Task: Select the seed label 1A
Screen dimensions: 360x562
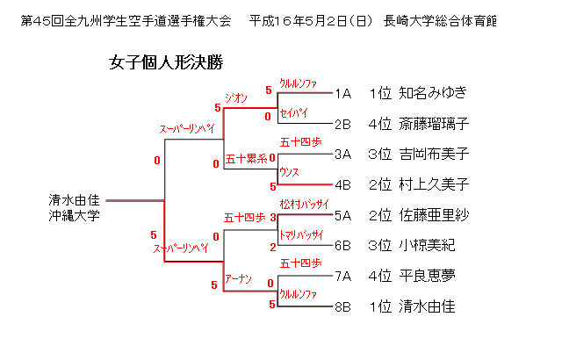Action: click(x=343, y=93)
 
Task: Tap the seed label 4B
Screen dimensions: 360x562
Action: click(x=343, y=185)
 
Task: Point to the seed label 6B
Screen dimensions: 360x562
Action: click(x=343, y=246)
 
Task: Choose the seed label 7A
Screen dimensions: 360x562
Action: click(x=343, y=276)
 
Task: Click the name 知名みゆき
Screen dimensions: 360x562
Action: click(x=433, y=93)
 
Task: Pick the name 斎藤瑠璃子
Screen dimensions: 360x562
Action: click(x=434, y=124)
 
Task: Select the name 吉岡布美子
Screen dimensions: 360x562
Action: click(x=434, y=155)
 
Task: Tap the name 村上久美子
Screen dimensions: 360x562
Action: click(x=434, y=185)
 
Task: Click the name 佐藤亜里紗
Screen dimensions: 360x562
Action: click(x=434, y=215)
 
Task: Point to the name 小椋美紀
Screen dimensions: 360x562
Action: click(x=427, y=246)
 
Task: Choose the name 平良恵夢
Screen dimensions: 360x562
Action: click(x=427, y=276)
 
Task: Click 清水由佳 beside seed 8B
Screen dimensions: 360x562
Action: click(x=427, y=306)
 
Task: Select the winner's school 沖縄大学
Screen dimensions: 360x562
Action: click(x=76, y=215)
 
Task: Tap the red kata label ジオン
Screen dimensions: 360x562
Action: click(x=236, y=97)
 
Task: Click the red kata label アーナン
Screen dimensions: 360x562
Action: click(x=238, y=279)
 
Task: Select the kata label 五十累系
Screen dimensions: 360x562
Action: click(x=246, y=159)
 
